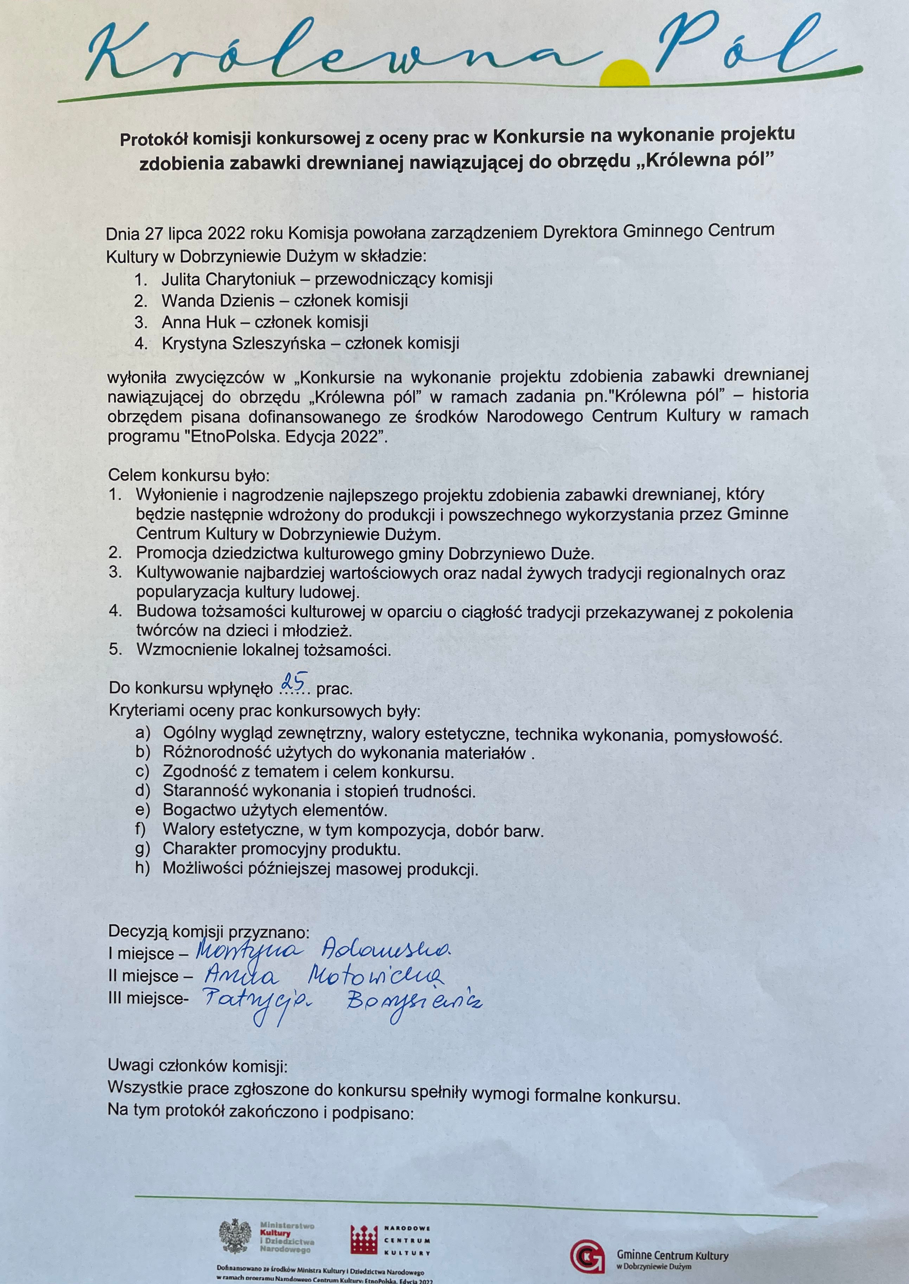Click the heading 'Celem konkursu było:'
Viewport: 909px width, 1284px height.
(189, 476)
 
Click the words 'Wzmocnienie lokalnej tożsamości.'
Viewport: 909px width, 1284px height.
(263, 650)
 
